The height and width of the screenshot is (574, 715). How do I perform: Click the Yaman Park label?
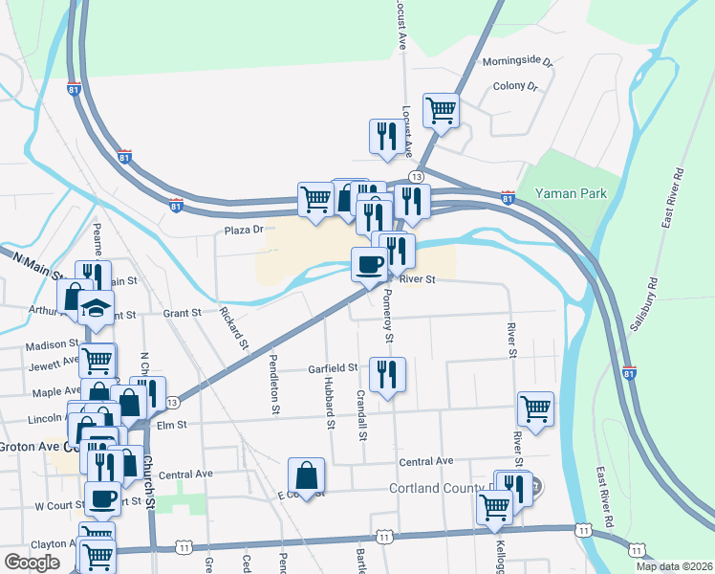[572, 193]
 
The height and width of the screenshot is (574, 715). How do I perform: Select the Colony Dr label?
[515, 86]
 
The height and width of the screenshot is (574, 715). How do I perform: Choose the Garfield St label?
[332, 367]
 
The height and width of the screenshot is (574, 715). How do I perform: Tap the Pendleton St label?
[274, 384]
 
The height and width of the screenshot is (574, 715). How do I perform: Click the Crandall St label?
[361, 413]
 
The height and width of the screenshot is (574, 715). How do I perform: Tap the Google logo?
[32, 563]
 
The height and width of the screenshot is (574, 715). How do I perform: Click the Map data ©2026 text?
[674, 566]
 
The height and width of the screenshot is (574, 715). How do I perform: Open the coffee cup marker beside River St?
[369, 265]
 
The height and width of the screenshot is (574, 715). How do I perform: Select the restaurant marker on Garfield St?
[387, 375]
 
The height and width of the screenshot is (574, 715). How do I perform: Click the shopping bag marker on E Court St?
[306, 475]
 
